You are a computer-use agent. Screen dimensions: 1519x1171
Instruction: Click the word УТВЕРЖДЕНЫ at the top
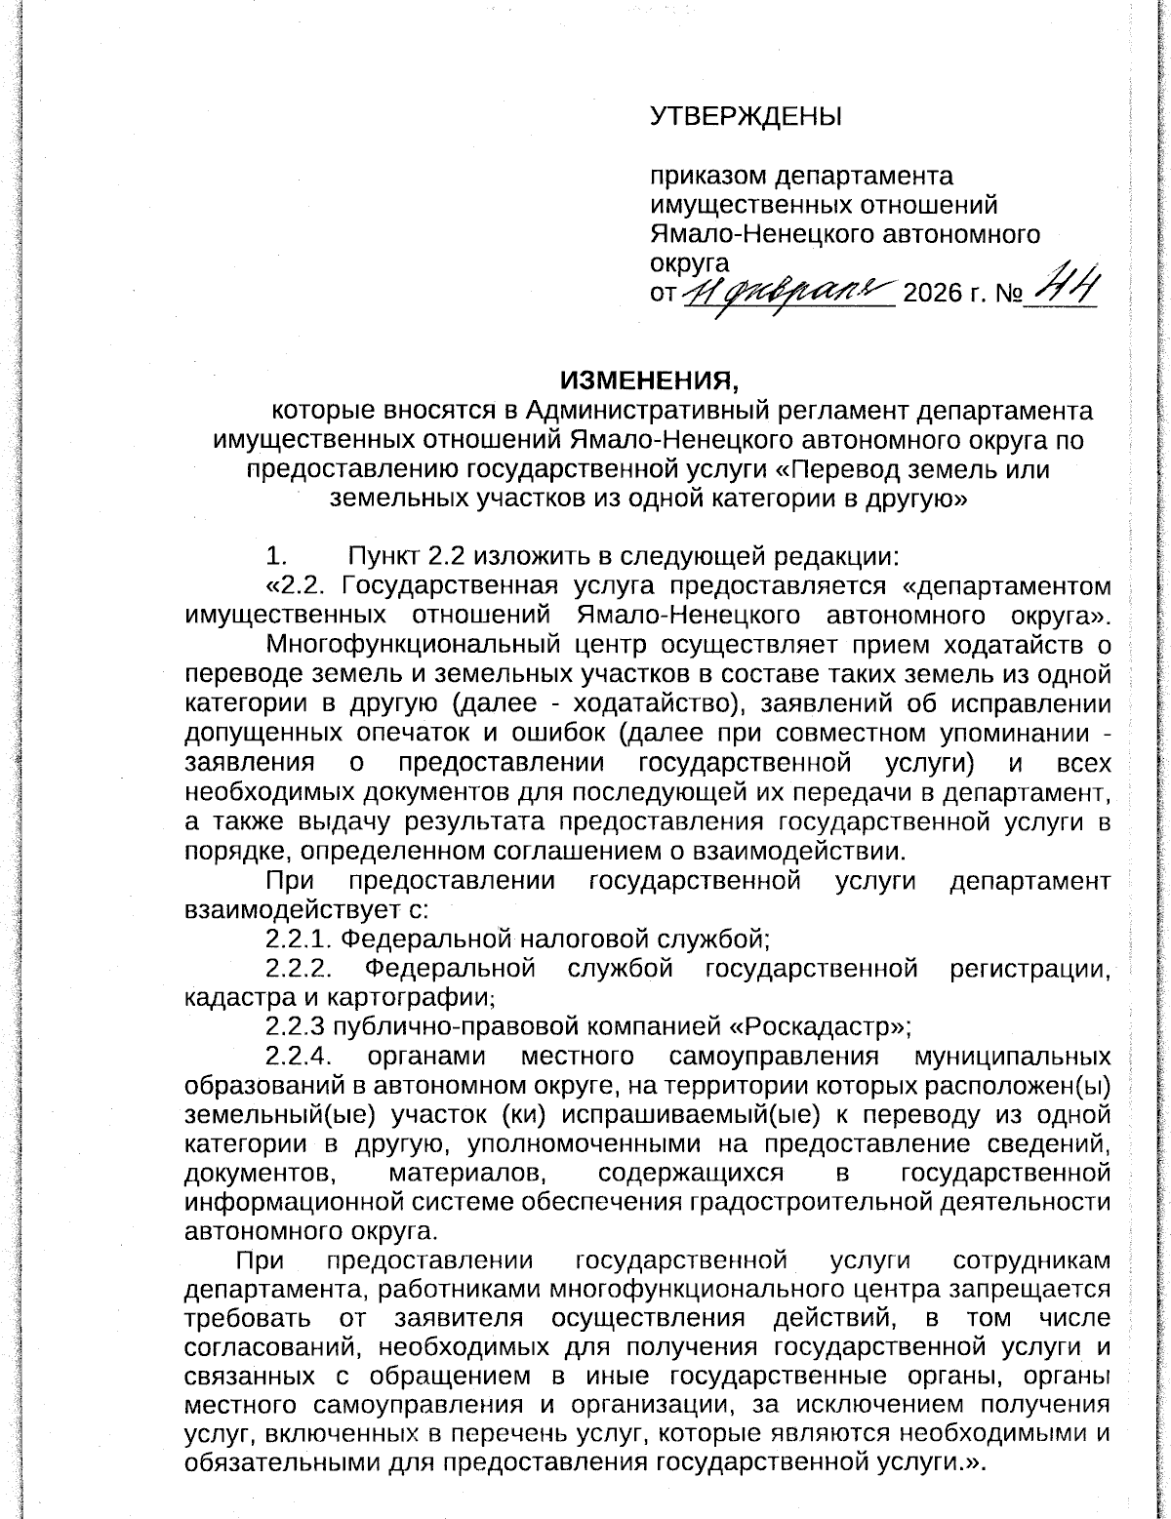[747, 117]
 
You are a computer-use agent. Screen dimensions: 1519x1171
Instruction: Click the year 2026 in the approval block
[934, 293]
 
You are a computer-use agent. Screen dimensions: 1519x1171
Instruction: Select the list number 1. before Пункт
[276, 557]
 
